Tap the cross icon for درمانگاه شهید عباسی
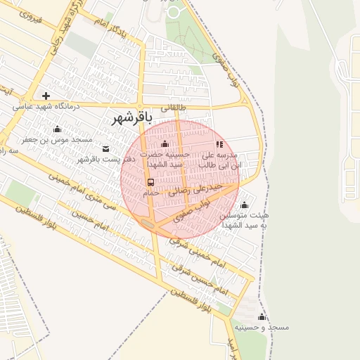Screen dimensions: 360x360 pyautogui.click(x=46, y=96)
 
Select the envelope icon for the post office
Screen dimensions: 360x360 pyautogui.click(x=105, y=148)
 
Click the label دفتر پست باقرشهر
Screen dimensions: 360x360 pyautogui.click(x=105, y=159)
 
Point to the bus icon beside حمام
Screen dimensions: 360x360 pyautogui.click(x=151, y=182)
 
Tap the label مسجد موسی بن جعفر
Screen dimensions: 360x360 pyautogui.click(x=57, y=140)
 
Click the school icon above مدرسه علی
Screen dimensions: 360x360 pyautogui.click(x=219, y=144)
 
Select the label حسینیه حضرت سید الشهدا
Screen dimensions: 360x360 pyautogui.click(x=165, y=159)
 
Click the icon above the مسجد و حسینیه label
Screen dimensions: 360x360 pyautogui.click(x=262, y=316)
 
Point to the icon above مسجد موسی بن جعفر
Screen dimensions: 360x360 pyautogui.click(x=58, y=129)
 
